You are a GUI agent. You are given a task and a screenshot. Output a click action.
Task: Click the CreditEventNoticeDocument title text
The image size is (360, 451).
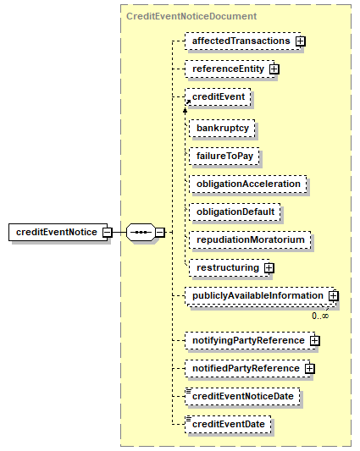[x=191, y=16]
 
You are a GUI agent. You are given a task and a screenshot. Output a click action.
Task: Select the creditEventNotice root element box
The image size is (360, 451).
[x=58, y=232]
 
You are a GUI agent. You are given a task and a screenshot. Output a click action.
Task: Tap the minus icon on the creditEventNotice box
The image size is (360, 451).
[x=107, y=232]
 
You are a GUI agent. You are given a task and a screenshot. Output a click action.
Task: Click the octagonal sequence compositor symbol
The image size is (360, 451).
[x=141, y=232]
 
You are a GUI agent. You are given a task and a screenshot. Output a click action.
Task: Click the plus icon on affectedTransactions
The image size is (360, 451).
[x=301, y=41]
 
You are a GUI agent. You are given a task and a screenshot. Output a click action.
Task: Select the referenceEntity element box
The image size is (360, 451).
[x=230, y=69]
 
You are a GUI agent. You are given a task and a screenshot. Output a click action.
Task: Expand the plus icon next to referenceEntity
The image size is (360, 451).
[x=274, y=69]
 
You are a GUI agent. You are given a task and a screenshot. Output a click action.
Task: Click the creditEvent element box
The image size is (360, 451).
[x=218, y=97]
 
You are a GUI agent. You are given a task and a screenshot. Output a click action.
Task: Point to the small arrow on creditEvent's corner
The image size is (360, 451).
[x=188, y=102]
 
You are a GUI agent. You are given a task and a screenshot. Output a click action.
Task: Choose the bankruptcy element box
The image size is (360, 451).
[x=222, y=129]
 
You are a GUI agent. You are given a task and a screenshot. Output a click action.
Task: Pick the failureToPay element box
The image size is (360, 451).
[x=224, y=157]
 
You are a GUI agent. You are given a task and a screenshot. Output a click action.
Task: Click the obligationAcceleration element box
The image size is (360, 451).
[x=248, y=184]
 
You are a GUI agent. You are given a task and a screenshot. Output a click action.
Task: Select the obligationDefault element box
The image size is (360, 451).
[x=235, y=212]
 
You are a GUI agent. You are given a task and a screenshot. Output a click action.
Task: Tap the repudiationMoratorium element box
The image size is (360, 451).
[x=250, y=239]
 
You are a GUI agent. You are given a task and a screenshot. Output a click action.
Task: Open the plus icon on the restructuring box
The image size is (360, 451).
[x=269, y=268]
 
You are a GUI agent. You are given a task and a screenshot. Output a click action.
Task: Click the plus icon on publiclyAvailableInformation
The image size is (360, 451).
[x=334, y=295]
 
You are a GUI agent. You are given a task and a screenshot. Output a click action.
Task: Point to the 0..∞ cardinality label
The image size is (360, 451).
[x=320, y=316]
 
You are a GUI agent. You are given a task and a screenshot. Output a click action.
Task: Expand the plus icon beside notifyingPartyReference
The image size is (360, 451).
[x=315, y=340]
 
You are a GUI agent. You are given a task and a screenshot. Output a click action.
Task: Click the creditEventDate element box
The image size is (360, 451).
[x=228, y=425]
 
